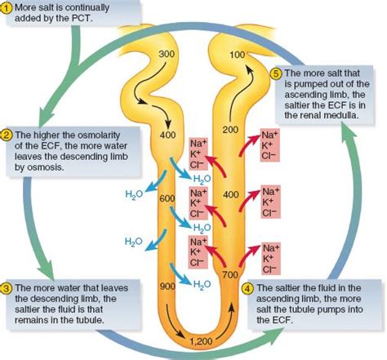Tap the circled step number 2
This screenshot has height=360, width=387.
pos(7,134)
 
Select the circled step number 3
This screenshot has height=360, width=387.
pos(7,287)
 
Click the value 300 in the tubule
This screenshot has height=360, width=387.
pos(167,53)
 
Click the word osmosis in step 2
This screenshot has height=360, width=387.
pos(41,170)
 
